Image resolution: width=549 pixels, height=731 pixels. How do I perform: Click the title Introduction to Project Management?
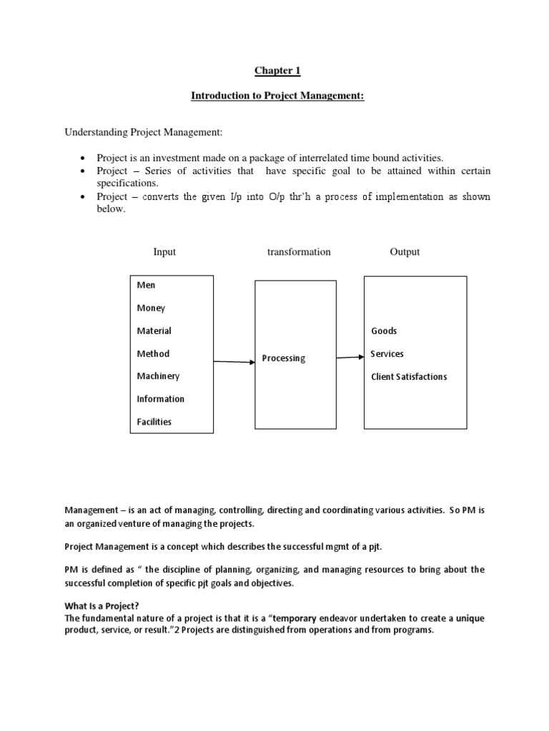pos(277,96)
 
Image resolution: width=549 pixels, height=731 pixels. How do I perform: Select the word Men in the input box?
pos(146,285)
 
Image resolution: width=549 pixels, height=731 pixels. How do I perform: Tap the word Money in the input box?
pos(151,308)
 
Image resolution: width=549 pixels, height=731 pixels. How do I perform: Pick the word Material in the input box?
pos(154,331)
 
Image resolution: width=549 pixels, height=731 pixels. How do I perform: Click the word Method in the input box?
pos(153,353)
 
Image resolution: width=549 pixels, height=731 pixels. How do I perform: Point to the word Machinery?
pos(158,376)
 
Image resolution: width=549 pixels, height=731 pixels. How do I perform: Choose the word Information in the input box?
pos(160,399)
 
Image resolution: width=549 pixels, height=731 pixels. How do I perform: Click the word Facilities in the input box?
pos(154,422)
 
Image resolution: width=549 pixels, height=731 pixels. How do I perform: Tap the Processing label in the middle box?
pos(283,358)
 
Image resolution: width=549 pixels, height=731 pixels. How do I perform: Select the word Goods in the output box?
pos(384,331)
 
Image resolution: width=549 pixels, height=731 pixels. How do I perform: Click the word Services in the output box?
pos(387,353)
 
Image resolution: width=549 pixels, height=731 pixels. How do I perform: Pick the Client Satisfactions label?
pos(409,376)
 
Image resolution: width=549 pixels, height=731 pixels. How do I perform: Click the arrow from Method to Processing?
pos(234,362)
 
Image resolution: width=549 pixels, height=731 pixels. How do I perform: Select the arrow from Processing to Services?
pos(350,357)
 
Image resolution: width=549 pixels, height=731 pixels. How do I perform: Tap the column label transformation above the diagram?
pos(299,252)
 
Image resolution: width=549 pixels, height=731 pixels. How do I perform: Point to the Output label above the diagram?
pos(405,252)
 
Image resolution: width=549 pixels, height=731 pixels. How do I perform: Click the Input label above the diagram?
pos(164,252)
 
